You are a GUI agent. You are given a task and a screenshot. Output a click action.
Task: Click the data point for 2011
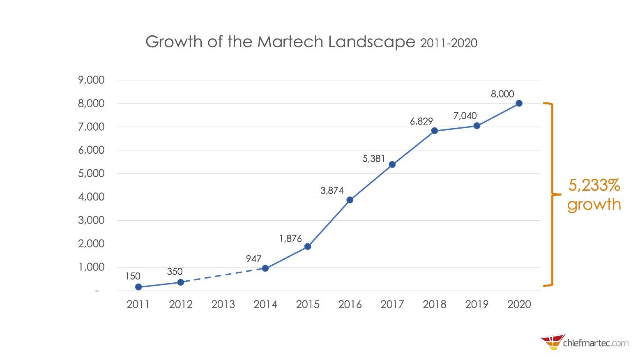(138, 287)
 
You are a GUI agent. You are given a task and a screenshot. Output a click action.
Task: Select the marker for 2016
(350, 200)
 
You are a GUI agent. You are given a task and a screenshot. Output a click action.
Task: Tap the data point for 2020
(519, 103)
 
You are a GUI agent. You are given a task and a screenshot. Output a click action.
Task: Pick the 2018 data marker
(435, 131)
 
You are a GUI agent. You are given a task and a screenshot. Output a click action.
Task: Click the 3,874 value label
(332, 190)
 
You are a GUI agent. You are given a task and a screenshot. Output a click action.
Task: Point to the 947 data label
(254, 259)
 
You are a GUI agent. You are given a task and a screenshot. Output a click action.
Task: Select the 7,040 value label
(465, 116)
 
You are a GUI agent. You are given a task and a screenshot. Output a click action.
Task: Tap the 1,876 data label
(290, 238)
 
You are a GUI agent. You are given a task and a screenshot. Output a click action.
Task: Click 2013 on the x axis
(223, 305)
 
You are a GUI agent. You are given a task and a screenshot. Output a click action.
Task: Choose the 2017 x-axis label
(392, 305)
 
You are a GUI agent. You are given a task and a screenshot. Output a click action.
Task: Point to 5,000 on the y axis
(91, 173)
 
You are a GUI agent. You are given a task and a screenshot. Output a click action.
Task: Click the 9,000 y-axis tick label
(91, 80)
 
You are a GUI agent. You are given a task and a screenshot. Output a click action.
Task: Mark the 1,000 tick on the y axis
(91, 267)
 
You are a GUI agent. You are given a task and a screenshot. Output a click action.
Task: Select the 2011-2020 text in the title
(449, 43)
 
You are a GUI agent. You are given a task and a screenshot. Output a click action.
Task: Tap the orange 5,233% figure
(594, 186)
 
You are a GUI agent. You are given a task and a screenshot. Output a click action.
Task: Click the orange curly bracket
(552, 194)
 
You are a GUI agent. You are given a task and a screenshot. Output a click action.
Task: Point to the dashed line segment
(223, 275)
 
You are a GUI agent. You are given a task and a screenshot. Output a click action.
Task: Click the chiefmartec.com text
(596, 342)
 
